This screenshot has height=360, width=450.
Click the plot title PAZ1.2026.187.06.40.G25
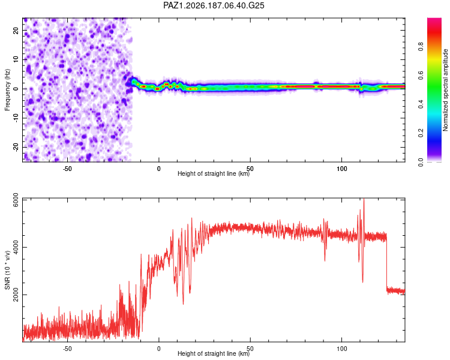click(x=214, y=5)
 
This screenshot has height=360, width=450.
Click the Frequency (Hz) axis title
click(x=7, y=90)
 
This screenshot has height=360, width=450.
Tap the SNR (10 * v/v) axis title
click(x=7, y=270)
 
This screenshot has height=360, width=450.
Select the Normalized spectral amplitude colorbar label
click(x=445, y=90)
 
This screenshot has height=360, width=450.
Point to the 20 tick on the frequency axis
click(x=16, y=30)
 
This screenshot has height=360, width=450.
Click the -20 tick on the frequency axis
click(x=16, y=147)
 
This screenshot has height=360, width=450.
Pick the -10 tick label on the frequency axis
click(x=16, y=118)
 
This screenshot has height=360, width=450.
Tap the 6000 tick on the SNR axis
click(x=16, y=200)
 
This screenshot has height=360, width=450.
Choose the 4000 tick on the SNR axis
click(x=16, y=247)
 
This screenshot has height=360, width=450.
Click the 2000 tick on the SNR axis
click(x=16, y=295)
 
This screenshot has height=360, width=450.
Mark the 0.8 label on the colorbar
click(x=421, y=47)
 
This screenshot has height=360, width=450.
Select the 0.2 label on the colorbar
click(x=421, y=133)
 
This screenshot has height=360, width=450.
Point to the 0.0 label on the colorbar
click(x=421, y=162)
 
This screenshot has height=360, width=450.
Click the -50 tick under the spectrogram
click(x=67, y=169)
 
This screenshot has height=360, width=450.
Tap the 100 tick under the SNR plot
click(x=342, y=349)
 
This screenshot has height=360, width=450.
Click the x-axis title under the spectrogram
click(x=214, y=173)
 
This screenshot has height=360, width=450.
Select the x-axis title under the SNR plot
click(x=214, y=353)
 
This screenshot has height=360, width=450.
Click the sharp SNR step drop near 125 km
click(x=386, y=263)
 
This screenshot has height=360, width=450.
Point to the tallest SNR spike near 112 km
click(x=364, y=199)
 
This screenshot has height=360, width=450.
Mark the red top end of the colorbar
click(x=434, y=19)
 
